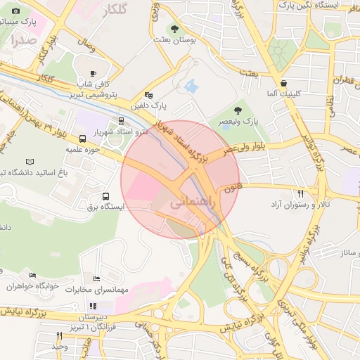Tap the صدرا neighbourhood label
[23, 41]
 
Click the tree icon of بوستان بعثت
[174, 29]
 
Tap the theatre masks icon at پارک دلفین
[148, 95]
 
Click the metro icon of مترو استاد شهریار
[122, 121]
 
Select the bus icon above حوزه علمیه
[82, 139]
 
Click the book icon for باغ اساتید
[29, 162]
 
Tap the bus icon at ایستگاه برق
[105, 197]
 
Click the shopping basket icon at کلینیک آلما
[283, 83]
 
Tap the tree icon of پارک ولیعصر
[238, 110]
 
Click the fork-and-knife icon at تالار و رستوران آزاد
[300, 193]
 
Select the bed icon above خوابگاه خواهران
[32, 276]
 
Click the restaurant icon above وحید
[59, 335]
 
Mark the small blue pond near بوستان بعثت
[191, 86]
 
